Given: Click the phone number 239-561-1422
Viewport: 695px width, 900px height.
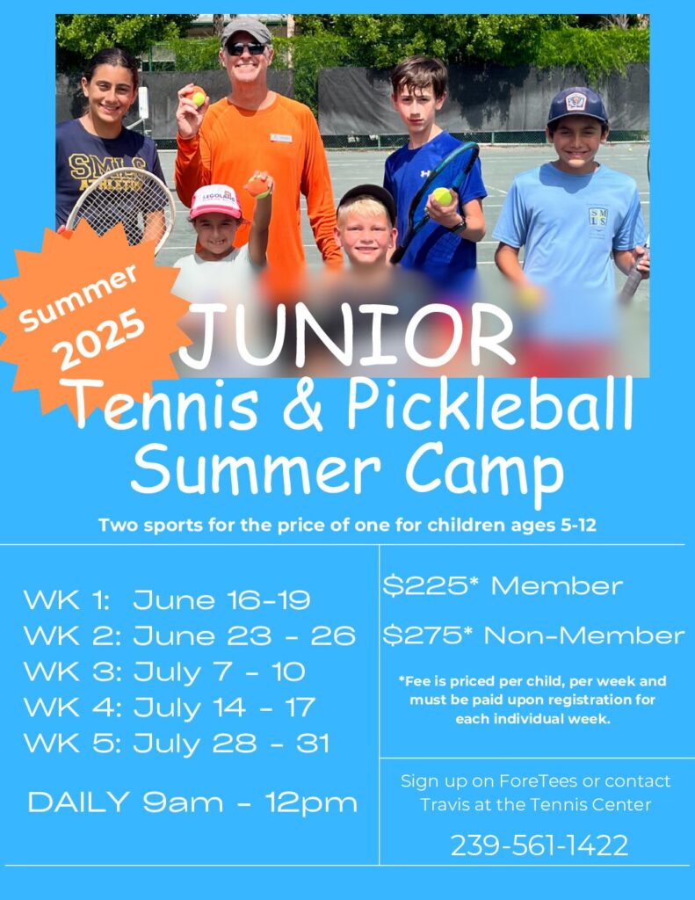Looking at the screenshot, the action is tap(539, 846).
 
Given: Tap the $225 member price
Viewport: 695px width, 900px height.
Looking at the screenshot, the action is tap(503, 586).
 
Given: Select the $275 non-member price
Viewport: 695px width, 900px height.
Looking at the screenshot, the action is tap(533, 635).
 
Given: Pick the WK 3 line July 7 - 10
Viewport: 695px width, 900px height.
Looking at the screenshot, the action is tap(164, 672).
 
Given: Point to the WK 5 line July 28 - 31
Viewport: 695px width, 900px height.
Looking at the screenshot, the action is tap(177, 744).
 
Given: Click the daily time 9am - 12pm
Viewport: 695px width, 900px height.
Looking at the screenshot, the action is tap(250, 802).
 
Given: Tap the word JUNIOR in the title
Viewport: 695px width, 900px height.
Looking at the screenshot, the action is tap(347, 335).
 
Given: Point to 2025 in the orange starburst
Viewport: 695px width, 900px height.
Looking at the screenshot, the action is tap(101, 338).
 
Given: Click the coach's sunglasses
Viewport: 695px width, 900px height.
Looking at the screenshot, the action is tap(246, 49).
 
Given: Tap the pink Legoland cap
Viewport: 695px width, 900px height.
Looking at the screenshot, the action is tap(216, 201).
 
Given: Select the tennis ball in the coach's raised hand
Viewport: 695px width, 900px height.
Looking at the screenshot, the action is tap(198, 98).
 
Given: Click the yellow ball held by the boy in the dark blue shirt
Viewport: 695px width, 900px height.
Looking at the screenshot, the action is tap(442, 196).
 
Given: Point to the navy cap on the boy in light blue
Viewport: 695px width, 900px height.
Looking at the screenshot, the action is tap(576, 105).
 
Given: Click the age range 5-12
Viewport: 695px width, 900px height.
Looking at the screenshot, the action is tap(578, 526).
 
